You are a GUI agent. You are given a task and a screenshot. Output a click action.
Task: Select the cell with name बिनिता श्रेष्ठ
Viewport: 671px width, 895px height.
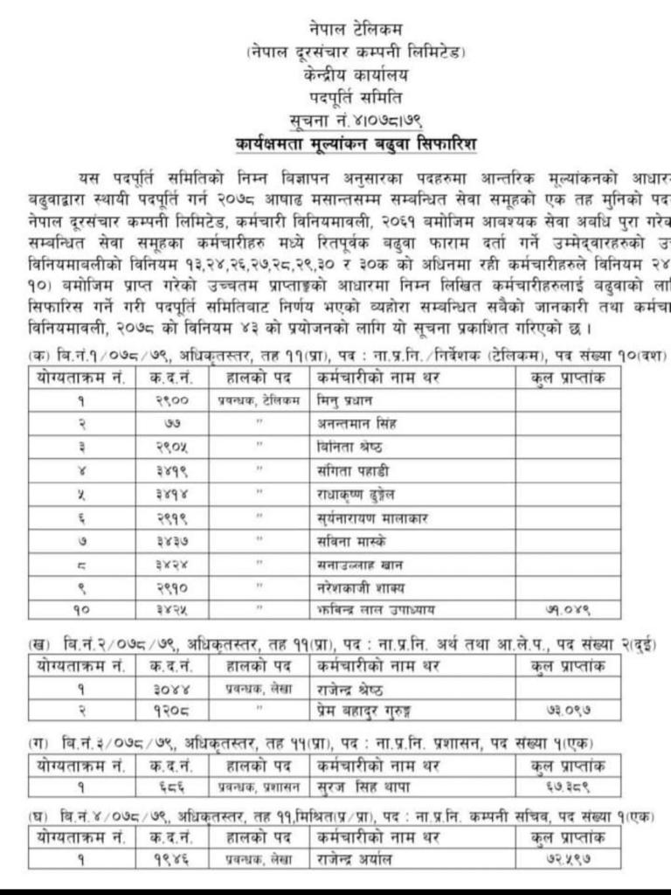click(349, 445)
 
